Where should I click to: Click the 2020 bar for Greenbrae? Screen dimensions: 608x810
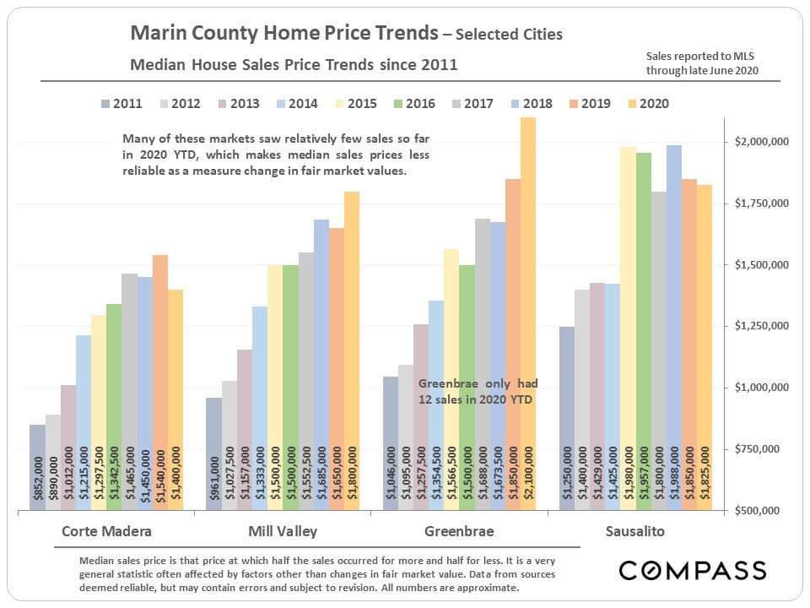coord(528,312)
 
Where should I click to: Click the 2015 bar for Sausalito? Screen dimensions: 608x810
coord(628,328)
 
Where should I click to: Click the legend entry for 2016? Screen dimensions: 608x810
coord(412,104)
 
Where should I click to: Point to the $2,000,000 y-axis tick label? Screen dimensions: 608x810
coord(762,142)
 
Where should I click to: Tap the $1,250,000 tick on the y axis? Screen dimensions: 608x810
coord(762,326)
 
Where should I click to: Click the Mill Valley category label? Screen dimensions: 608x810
coord(283,532)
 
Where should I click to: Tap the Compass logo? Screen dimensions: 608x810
coord(693,570)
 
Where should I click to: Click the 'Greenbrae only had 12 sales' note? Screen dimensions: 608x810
coord(478,391)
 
